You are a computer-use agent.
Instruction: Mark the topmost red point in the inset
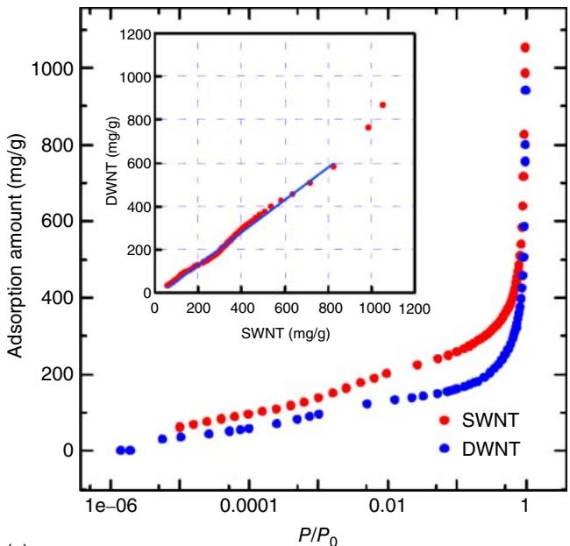[382, 105]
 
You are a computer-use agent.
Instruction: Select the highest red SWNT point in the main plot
[525, 47]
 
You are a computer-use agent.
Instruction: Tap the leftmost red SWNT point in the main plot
[180, 427]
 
